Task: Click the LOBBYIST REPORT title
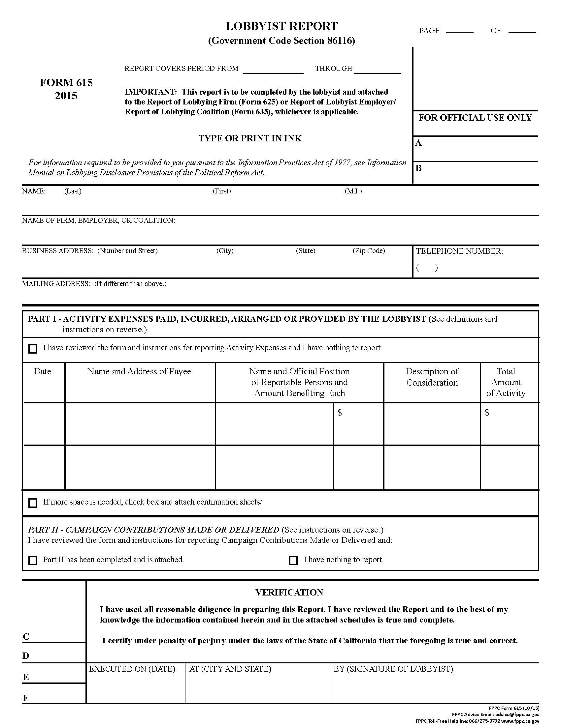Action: (x=281, y=26)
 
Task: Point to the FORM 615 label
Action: (x=66, y=82)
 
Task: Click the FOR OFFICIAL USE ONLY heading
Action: (x=475, y=118)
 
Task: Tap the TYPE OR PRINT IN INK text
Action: (x=250, y=138)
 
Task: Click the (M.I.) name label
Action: (x=353, y=191)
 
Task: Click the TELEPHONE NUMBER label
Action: (x=459, y=251)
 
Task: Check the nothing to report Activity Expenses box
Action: (x=33, y=349)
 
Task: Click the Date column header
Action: (x=42, y=371)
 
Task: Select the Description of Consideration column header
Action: (x=432, y=377)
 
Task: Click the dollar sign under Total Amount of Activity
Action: (x=487, y=412)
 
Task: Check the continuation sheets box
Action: (x=33, y=503)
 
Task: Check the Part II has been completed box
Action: (x=33, y=560)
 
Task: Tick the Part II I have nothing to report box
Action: (x=293, y=560)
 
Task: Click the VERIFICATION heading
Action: (x=289, y=593)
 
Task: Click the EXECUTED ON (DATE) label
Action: (x=132, y=669)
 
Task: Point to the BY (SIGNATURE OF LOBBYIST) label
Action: (x=393, y=669)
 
